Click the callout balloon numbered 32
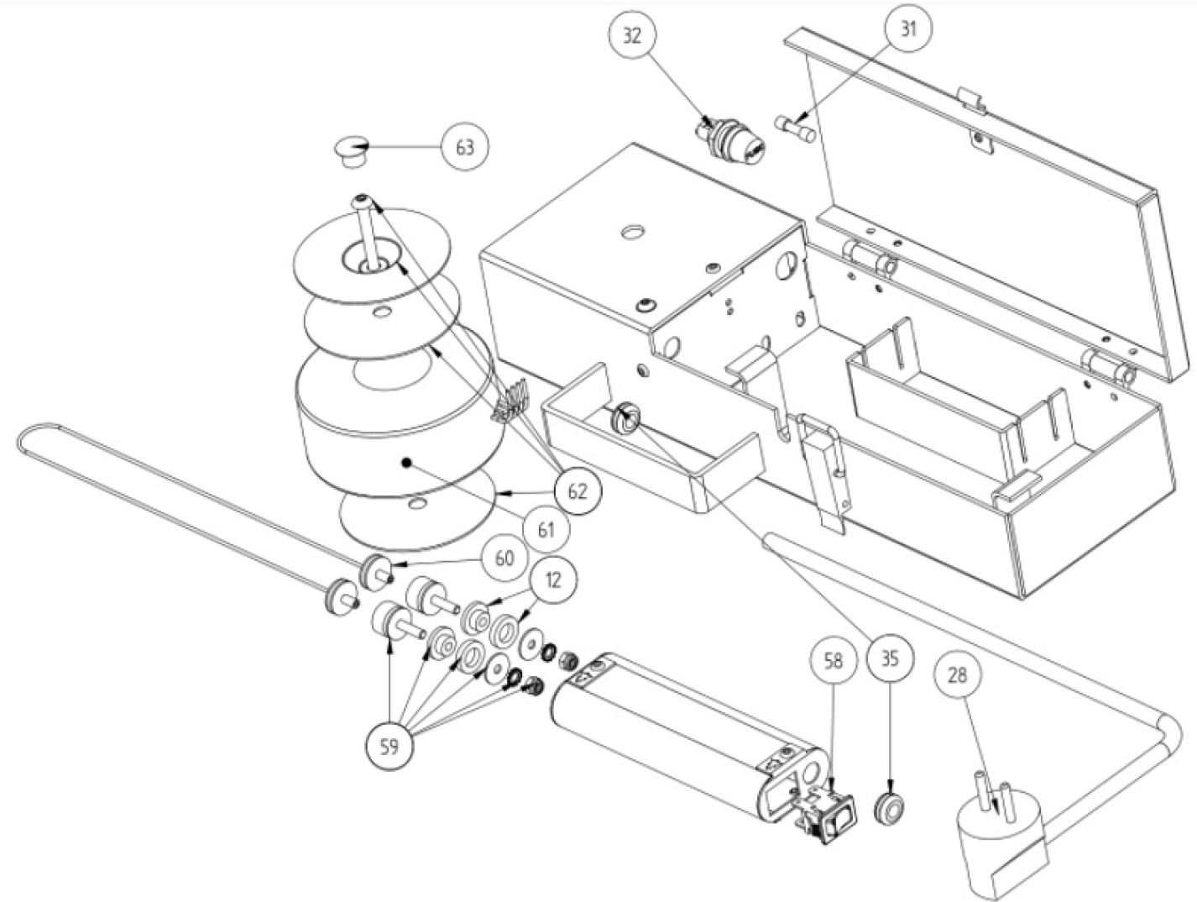(632, 36)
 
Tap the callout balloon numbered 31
(907, 29)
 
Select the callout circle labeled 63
(465, 148)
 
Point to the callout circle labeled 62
(578, 491)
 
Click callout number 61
(546, 529)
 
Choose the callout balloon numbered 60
(505, 559)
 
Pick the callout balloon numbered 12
(552, 580)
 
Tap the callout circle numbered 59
(389, 747)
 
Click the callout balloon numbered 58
(834, 661)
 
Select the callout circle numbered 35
(890, 660)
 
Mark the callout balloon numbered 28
(957, 675)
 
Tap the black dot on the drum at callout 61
(405, 462)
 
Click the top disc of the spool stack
(371, 255)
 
